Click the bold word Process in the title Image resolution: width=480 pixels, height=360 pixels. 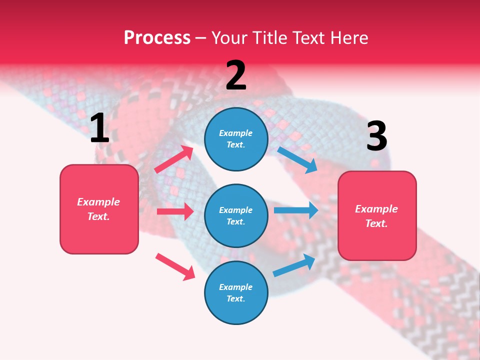(x=157, y=37)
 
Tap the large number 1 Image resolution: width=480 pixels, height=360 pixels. (x=99, y=128)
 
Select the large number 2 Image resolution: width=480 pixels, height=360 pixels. (x=236, y=75)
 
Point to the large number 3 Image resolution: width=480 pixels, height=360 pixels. (x=376, y=136)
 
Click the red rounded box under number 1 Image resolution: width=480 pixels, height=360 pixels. (x=99, y=209)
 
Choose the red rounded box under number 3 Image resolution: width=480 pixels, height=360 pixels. (x=377, y=215)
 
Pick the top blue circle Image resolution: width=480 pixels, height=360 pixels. (x=236, y=139)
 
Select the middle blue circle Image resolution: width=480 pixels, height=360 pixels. (x=236, y=215)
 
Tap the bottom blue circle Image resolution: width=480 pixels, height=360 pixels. (x=236, y=292)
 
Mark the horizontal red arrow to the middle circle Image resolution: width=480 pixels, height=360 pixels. (x=174, y=211)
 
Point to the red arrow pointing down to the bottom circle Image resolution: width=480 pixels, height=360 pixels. (x=175, y=266)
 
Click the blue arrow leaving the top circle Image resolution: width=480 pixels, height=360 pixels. (x=297, y=159)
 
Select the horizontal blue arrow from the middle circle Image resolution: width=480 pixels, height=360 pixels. (x=295, y=210)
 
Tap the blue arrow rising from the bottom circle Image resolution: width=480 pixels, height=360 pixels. (x=294, y=265)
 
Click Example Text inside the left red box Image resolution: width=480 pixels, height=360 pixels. (x=98, y=209)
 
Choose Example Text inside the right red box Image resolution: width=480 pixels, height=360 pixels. (x=376, y=216)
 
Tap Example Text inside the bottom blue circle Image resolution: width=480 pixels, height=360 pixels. (x=236, y=293)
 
